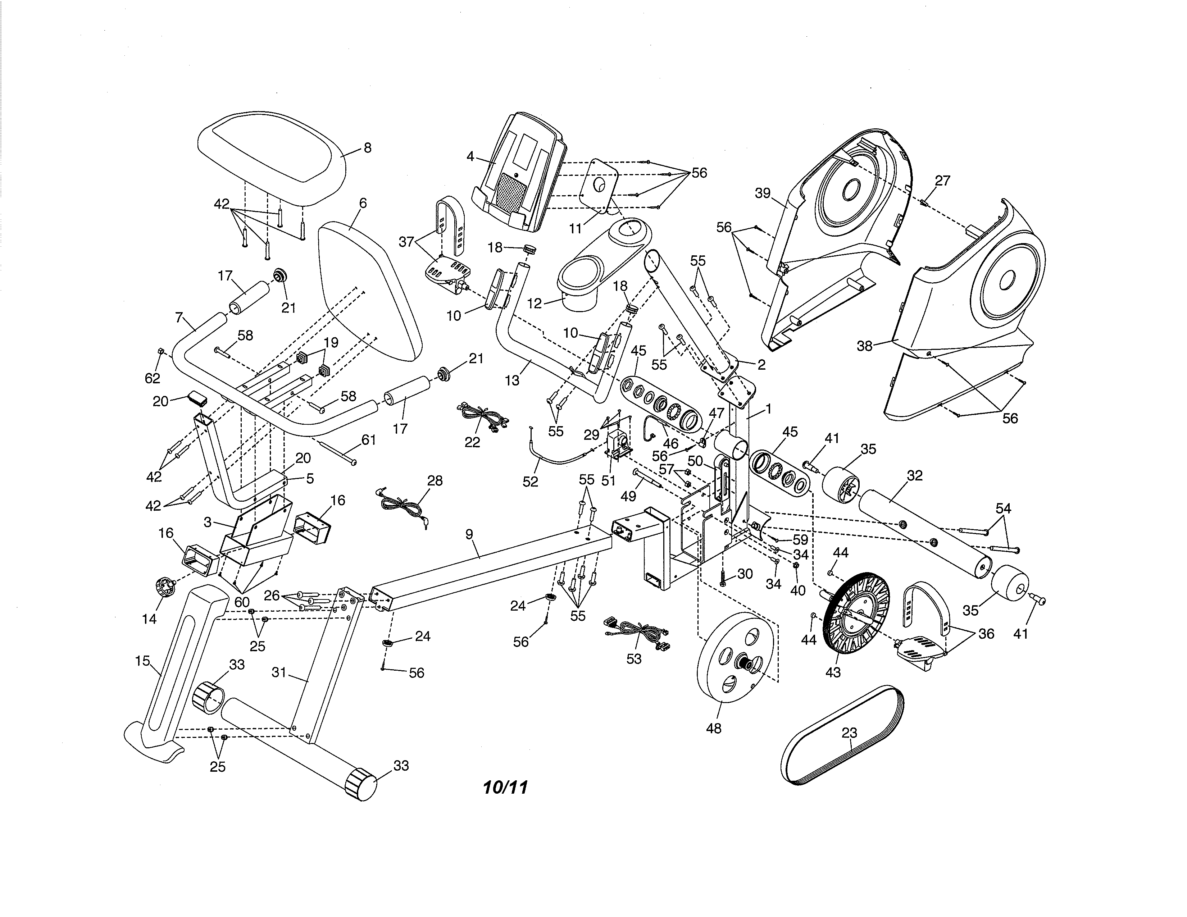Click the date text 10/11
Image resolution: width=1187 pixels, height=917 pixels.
(x=505, y=788)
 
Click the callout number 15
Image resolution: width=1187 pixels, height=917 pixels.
(x=142, y=661)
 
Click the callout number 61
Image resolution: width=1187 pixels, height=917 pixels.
(x=368, y=440)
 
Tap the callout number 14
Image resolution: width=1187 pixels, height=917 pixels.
(x=149, y=619)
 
